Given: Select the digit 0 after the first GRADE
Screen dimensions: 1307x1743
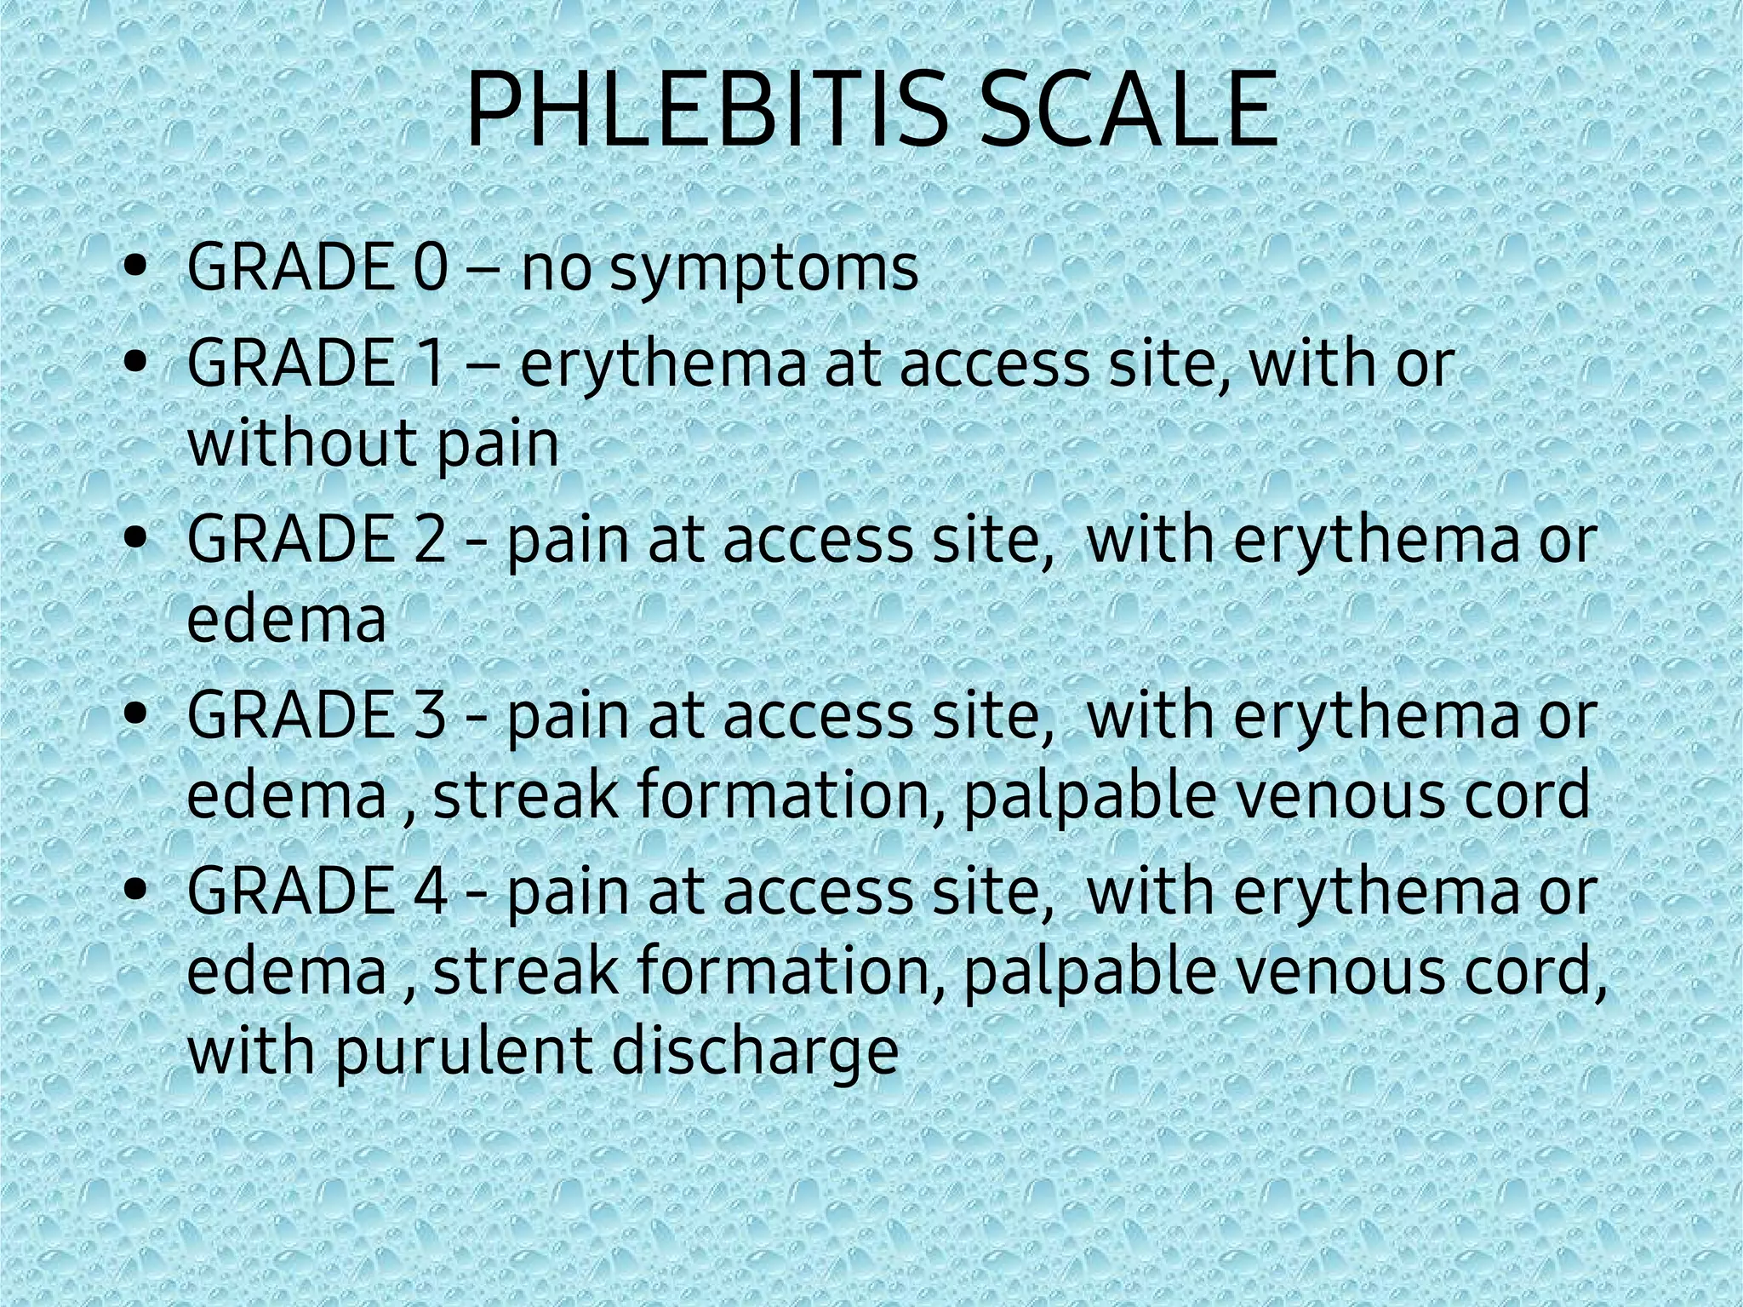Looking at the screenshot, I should (x=431, y=267).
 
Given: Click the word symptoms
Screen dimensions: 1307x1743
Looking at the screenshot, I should (x=764, y=271).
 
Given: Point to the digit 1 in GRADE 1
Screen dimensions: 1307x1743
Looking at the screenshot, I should (x=431, y=363).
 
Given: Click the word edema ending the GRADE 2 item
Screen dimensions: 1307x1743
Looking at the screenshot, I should (x=286, y=619).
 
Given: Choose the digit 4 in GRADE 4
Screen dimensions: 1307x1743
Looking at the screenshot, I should (x=431, y=891).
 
